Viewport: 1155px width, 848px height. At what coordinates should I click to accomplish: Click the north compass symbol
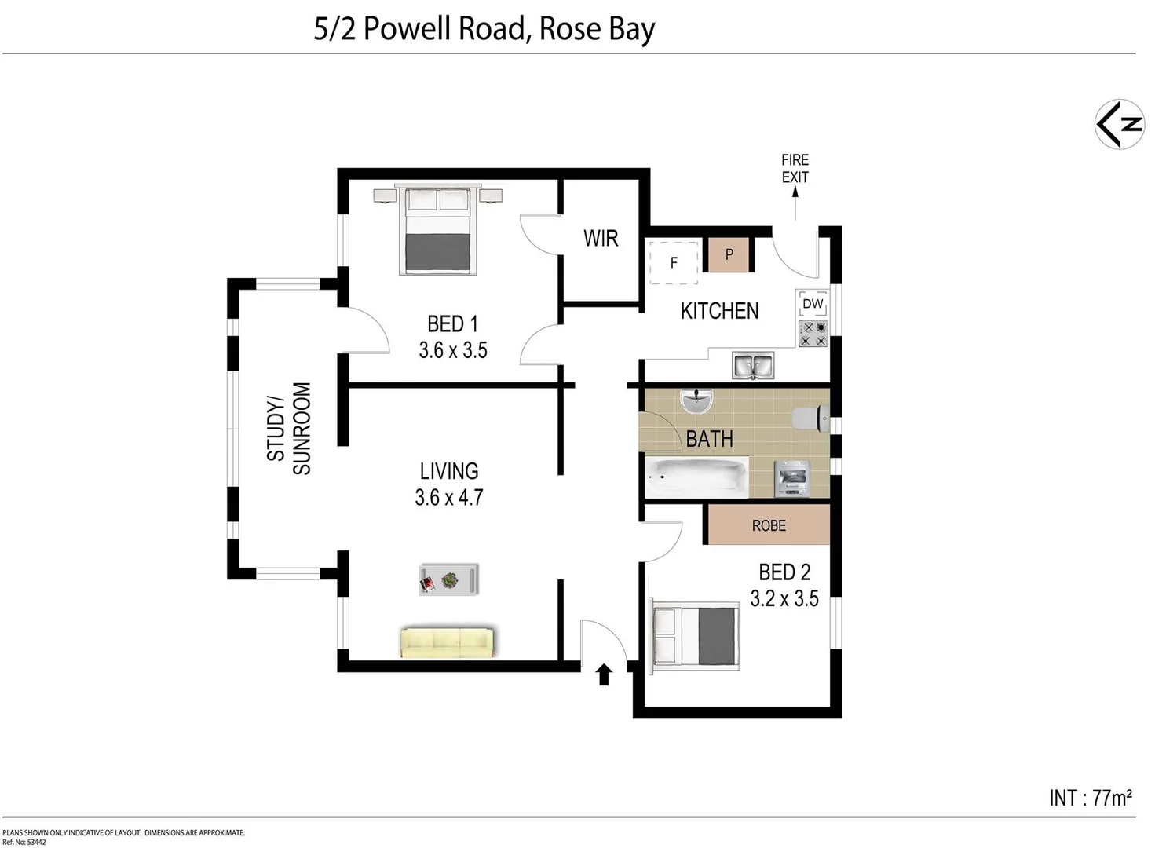[1119, 124]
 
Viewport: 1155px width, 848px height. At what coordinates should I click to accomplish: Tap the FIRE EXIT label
[795, 169]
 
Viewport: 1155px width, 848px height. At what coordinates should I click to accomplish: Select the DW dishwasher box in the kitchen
[813, 304]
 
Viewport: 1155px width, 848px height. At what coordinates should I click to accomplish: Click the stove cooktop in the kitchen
[813, 334]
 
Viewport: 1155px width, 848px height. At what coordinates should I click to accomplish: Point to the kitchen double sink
[752, 366]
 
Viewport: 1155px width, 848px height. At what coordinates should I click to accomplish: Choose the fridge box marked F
[673, 263]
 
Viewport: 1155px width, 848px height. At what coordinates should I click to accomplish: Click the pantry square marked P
[729, 254]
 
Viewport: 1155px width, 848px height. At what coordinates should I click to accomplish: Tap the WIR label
[601, 239]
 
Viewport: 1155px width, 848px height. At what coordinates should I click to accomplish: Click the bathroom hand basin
[696, 401]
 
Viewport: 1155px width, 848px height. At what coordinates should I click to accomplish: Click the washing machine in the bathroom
[790, 478]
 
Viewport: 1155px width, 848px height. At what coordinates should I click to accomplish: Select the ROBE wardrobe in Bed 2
[769, 525]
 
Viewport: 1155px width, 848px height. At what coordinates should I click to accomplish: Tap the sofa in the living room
[447, 641]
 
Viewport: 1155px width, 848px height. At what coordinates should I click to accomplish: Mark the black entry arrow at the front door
[604, 674]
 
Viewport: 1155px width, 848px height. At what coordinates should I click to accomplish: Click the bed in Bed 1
[438, 232]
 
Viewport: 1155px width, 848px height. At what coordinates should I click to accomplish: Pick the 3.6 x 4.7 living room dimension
[449, 498]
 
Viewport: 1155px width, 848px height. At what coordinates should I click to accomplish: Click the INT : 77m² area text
[1090, 798]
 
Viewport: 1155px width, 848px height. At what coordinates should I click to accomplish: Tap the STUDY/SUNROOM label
[289, 429]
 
